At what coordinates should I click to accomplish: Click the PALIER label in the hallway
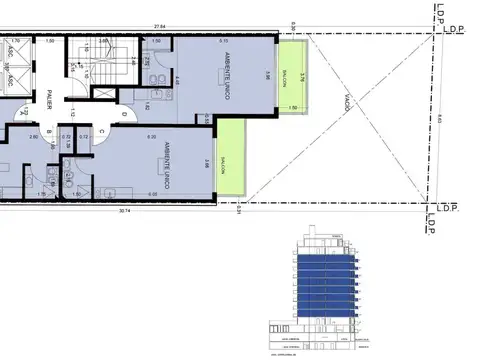(48, 98)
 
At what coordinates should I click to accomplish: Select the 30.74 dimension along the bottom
(124, 212)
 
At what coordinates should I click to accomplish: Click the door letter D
(122, 114)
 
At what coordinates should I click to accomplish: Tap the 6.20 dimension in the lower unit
(152, 136)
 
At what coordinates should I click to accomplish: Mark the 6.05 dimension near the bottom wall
(152, 193)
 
